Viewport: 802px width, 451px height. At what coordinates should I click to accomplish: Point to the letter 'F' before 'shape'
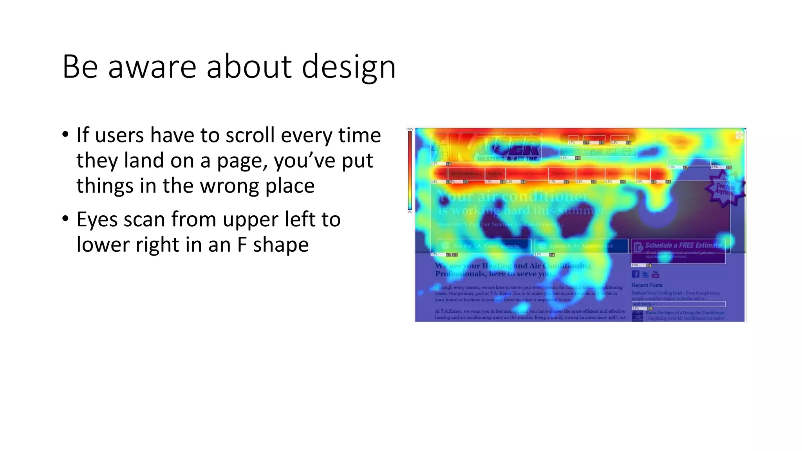(x=242, y=245)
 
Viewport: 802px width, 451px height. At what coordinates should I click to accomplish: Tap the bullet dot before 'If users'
(x=65, y=135)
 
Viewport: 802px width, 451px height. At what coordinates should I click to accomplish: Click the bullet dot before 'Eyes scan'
(x=65, y=219)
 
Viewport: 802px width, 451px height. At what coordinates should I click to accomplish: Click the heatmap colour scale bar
(x=410, y=170)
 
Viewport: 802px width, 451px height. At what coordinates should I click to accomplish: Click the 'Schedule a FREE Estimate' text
(x=683, y=245)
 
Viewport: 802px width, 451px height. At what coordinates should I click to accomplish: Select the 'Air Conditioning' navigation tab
(x=466, y=173)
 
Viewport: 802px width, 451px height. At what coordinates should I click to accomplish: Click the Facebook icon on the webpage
(x=635, y=274)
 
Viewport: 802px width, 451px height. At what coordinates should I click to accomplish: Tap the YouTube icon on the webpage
(x=656, y=274)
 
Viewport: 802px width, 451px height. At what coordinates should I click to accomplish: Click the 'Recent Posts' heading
(x=647, y=285)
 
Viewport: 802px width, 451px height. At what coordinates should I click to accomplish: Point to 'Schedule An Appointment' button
(x=581, y=246)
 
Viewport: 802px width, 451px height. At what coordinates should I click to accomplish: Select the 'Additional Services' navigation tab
(x=527, y=173)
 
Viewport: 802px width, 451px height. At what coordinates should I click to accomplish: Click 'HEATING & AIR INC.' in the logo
(x=508, y=159)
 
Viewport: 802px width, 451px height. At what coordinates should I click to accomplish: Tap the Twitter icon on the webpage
(x=645, y=274)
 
